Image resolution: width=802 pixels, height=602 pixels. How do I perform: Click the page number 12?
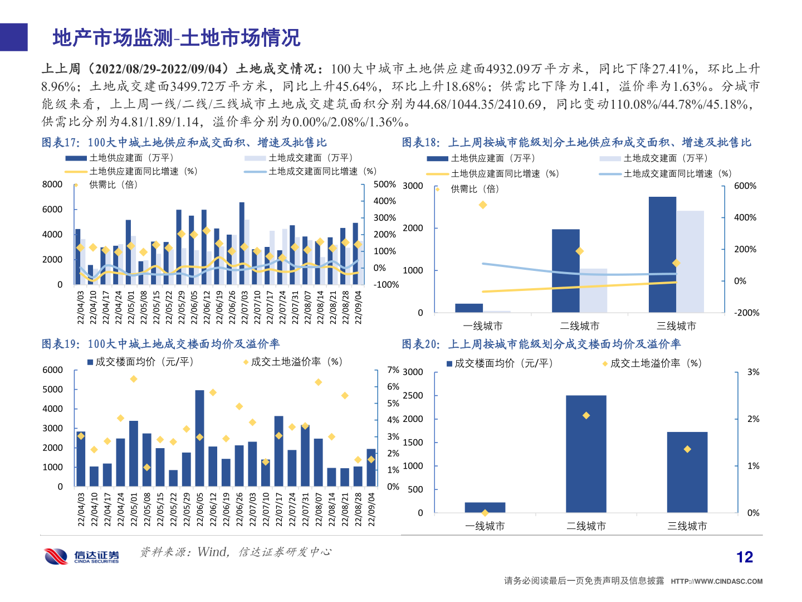coord(744,557)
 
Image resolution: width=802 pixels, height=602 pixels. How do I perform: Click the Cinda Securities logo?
coord(81,556)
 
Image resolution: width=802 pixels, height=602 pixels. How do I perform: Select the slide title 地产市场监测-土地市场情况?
coord(177,38)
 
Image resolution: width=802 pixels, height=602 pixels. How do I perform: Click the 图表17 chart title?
coord(184,143)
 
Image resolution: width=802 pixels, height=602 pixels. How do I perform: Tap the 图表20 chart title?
coord(541,344)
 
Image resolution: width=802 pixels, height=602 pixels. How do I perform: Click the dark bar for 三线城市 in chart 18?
coord(662,254)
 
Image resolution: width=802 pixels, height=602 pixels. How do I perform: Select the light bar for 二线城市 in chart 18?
coord(593,290)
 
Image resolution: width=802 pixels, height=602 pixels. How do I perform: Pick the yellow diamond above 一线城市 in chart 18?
coord(483,205)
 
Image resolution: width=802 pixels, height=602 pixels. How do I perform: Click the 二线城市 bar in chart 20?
coord(586,454)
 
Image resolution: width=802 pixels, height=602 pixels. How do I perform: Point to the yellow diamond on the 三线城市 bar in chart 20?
coord(687,449)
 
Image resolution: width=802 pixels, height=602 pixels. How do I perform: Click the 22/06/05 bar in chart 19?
coord(199,438)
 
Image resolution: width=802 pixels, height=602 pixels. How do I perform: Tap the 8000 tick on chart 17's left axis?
coord(52,185)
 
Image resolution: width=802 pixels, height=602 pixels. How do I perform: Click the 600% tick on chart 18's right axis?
coord(745,186)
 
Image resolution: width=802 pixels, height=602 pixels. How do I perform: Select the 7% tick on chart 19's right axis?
coord(393,370)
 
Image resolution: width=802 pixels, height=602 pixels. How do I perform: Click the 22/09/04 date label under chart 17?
coord(358,307)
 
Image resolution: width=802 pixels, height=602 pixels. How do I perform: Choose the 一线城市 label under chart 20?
coord(485,526)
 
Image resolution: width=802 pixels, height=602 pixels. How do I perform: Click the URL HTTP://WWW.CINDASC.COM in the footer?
coord(716,581)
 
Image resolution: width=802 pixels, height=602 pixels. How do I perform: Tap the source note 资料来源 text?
coord(236,552)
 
